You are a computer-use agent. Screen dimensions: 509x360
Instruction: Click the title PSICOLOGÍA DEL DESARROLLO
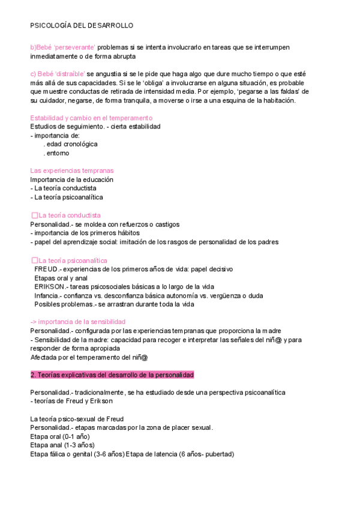point(82,26)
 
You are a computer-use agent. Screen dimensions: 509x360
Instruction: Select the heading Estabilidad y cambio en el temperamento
point(91,118)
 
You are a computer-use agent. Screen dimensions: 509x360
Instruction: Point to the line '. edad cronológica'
point(70,144)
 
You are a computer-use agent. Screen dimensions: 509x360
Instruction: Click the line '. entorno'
point(61,153)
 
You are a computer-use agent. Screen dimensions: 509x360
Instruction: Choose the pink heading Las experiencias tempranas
point(71,170)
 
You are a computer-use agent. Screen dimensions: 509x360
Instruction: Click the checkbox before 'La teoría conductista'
point(34,215)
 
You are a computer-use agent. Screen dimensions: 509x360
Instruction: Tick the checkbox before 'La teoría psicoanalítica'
point(34,260)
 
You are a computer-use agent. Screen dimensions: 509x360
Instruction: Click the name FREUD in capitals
point(46,269)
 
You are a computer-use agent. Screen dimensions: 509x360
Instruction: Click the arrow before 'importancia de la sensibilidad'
point(34,322)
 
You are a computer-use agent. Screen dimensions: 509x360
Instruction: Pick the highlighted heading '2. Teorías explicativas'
point(112,375)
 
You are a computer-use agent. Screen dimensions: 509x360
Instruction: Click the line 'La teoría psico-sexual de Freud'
point(77,418)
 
